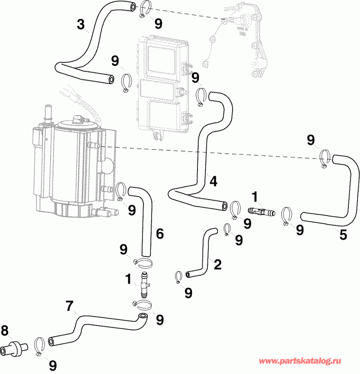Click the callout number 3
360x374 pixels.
pos(81,24)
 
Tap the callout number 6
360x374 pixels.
pos(160,234)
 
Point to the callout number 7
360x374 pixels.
pos(69,306)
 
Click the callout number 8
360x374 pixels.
pos(5,332)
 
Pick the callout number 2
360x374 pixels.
pos(217,264)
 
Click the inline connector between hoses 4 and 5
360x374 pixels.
pos(261,212)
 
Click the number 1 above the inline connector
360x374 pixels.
pos(255,197)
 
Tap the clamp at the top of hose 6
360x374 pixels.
pos(120,191)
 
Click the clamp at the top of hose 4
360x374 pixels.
pos(201,96)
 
